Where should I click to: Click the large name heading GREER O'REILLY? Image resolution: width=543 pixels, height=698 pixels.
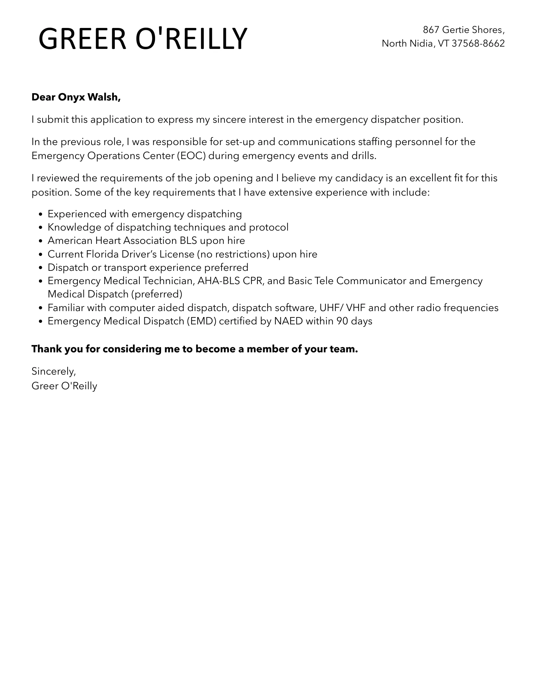click(x=143, y=39)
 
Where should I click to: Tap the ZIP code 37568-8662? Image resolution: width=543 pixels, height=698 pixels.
click(x=478, y=44)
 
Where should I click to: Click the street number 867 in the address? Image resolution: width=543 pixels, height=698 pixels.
click(x=431, y=30)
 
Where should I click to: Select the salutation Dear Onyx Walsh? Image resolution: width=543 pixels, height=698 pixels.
click(x=76, y=97)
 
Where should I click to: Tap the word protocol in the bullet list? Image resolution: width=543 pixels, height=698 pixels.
click(x=269, y=227)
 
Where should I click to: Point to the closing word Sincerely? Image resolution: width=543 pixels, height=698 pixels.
click(x=54, y=371)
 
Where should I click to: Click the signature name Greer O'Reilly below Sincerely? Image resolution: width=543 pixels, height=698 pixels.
click(x=65, y=386)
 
